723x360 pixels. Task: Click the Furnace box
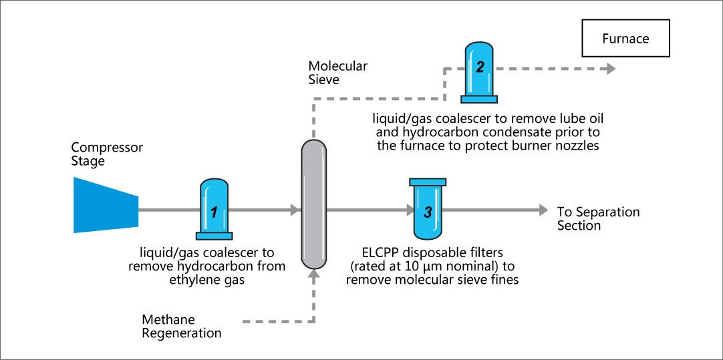pos(625,39)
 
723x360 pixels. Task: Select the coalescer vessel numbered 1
pos(214,208)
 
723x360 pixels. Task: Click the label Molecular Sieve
pos(337,73)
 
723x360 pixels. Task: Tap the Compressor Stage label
pos(98,154)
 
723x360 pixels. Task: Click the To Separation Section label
pos(598,218)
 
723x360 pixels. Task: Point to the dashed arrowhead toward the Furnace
pos(609,68)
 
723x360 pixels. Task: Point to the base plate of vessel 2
pos(478,99)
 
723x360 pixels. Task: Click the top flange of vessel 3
pos(428,182)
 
